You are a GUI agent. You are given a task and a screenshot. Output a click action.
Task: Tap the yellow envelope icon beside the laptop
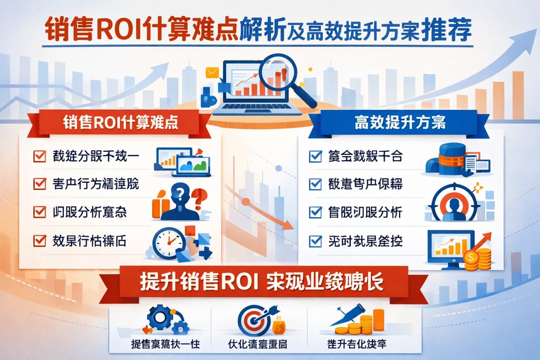click(212, 73)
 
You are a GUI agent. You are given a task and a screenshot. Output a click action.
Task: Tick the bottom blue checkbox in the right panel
click(315, 241)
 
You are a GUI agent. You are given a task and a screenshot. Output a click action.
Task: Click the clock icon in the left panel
click(168, 242)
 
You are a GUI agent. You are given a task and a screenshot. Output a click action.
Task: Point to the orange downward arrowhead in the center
click(287, 225)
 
